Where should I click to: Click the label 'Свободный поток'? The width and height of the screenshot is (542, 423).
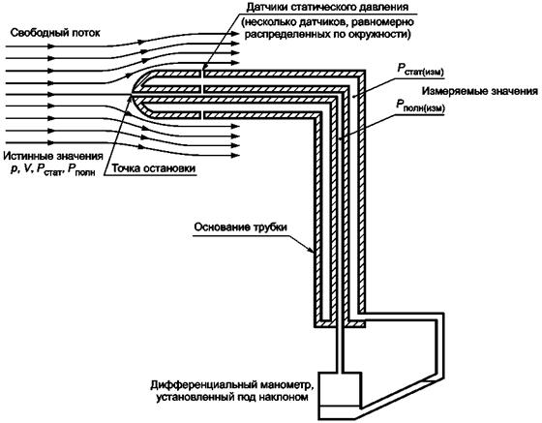coord(55,33)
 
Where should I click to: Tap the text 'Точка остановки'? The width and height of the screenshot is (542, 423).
coord(154,168)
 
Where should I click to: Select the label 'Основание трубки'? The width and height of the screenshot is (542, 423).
coord(241,227)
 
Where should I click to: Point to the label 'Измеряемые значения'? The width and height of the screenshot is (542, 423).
coord(480,91)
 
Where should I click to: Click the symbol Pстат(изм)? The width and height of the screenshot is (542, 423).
coord(420,69)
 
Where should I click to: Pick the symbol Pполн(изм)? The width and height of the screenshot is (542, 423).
coord(420,106)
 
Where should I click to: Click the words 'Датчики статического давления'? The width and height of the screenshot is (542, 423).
coord(327,6)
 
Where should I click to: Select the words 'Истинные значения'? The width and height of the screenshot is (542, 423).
coord(53,156)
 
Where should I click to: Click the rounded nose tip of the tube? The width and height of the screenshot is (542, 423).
coord(133,94)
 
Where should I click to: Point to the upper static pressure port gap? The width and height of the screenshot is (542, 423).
coord(202,74)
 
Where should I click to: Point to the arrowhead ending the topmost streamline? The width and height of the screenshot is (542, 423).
coord(235,34)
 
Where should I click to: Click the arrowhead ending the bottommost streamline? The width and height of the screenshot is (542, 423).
coord(235,156)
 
